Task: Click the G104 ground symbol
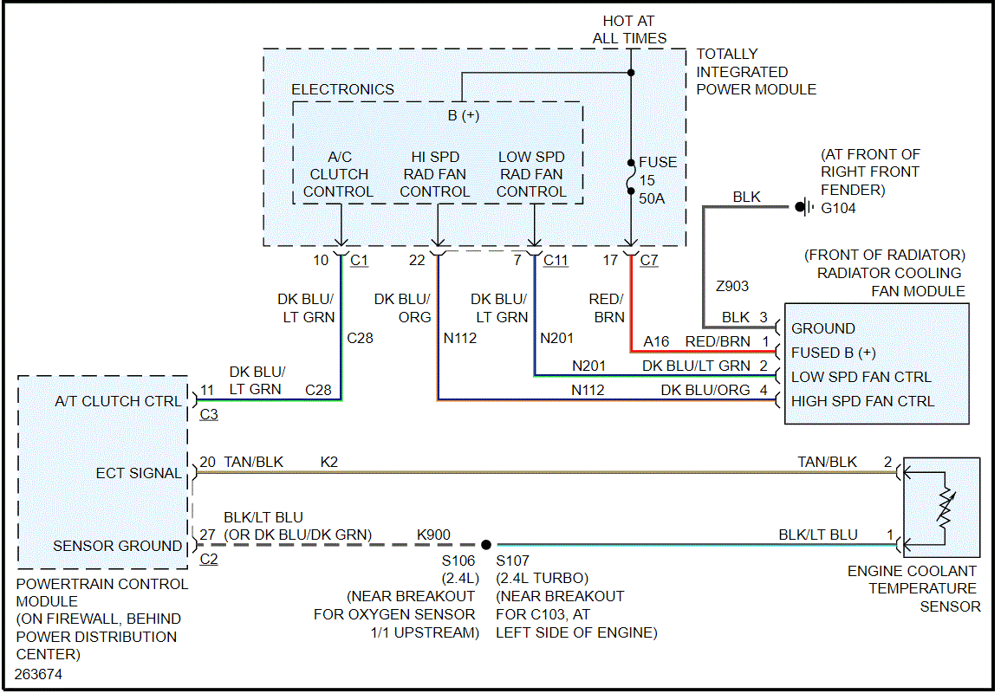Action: tap(803, 208)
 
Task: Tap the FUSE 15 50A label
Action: tap(658, 180)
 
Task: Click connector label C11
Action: tap(556, 260)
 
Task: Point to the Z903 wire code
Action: tap(731, 286)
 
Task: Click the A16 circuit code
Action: tap(657, 342)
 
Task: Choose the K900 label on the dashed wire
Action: tap(433, 535)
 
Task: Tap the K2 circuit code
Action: tap(328, 463)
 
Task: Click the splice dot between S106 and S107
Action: tap(486, 545)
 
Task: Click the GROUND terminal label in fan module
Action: tap(822, 328)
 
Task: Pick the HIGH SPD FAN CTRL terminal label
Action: tap(862, 401)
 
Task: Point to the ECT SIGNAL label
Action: tap(139, 473)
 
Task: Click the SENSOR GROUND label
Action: tap(117, 546)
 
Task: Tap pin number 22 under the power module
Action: tap(418, 260)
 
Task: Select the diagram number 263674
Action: tap(38, 673)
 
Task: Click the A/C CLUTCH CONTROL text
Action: tap(339, 174)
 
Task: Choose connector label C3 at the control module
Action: tap(209, 415)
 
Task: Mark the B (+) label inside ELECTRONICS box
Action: tap(464, 116)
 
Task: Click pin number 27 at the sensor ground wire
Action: tap(207, 535)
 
